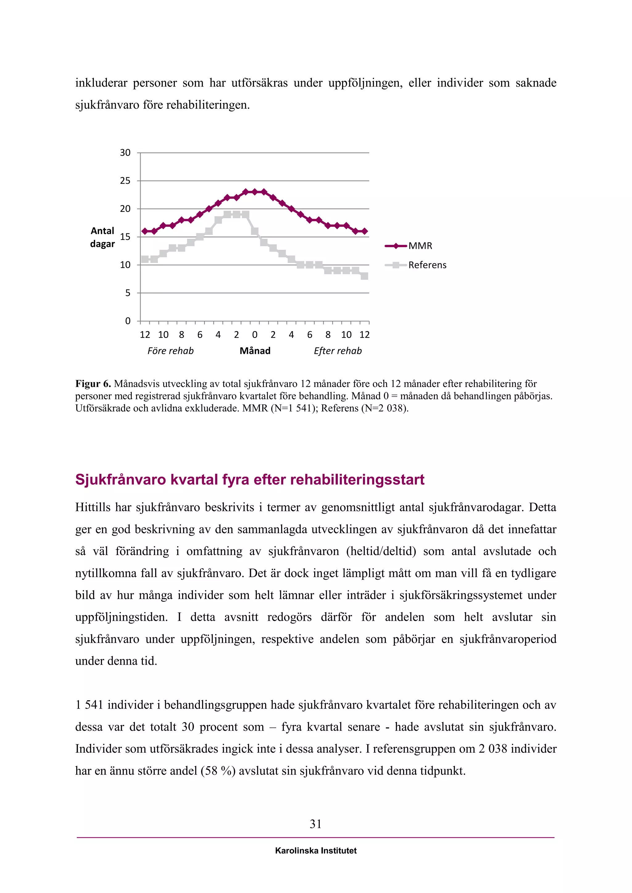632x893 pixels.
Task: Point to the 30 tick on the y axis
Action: click(125, 153)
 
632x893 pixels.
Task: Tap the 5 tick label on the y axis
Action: click(128, 293)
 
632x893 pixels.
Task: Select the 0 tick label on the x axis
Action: click(255, 335)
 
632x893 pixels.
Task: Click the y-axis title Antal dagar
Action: click(102, 237)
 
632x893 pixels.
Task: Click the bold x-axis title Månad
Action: click(255, 351)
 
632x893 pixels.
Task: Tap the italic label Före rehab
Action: click(170, 351)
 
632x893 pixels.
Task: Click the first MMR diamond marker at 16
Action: click(145, 231)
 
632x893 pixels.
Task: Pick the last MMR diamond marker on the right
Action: click(364, 231)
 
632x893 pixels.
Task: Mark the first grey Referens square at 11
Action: click(145, 259)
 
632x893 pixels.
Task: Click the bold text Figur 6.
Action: click(93, 384)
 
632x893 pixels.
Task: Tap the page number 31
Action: click(316, 824)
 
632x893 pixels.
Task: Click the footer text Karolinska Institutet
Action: click(316, 851)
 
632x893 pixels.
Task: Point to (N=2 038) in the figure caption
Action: click(385, 408)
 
